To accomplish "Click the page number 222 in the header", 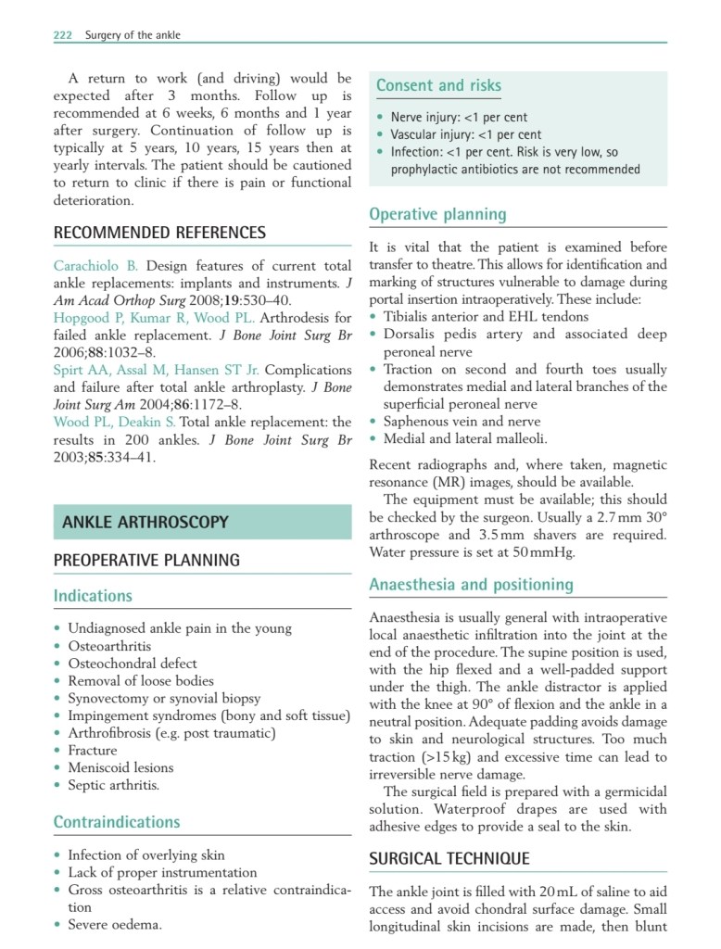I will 62,35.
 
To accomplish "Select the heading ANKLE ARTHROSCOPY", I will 145,523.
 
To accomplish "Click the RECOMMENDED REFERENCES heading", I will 159,233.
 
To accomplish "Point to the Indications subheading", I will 93,596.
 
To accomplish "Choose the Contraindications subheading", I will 117,822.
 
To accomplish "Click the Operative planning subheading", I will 437,214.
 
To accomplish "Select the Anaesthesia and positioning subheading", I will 471,585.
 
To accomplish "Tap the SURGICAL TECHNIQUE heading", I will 449,859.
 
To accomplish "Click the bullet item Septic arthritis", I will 113,785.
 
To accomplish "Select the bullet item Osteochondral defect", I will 133,663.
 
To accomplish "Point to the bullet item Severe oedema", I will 115,924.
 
